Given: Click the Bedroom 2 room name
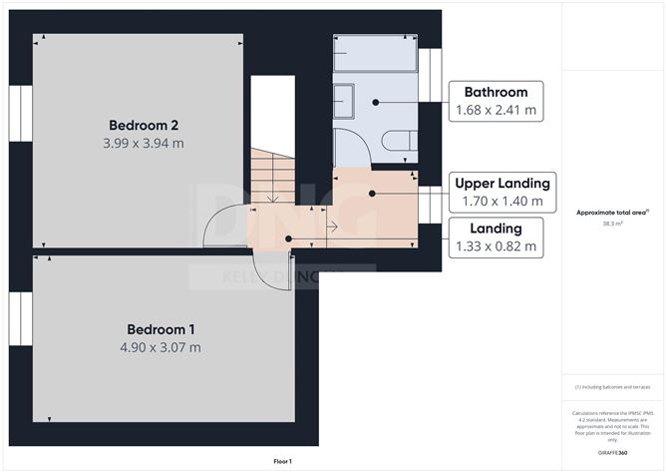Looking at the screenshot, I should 144,125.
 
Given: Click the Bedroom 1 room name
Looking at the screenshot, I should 161,329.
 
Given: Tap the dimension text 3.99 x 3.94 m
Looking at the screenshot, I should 144,143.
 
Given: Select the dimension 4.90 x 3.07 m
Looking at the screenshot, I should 161,347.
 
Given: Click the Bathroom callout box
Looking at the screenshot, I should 497,101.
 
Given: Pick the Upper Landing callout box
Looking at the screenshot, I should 501,192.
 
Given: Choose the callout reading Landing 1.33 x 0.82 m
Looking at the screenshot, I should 496,237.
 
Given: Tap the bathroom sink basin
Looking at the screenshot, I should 343,100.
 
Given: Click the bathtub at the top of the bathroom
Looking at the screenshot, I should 375,54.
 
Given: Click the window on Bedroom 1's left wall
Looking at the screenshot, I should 21,317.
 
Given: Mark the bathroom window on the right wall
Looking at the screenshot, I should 430,75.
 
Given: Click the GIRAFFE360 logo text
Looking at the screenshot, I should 612,453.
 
